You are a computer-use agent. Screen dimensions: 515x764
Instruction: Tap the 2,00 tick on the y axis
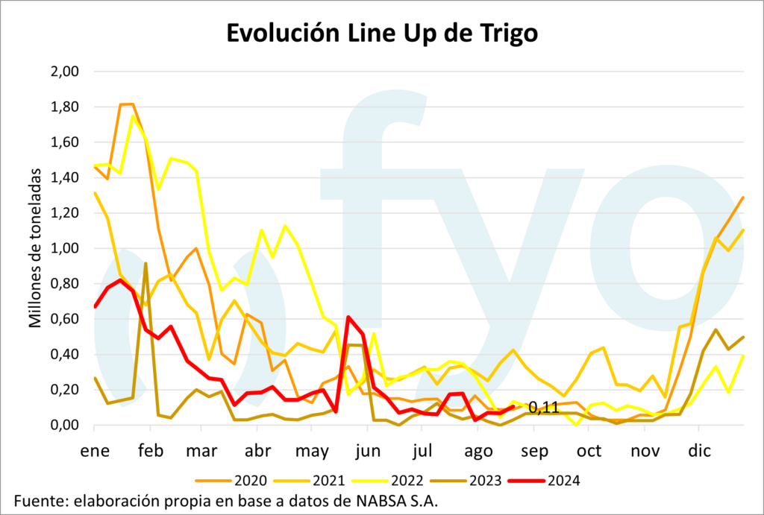[x=64, y=72]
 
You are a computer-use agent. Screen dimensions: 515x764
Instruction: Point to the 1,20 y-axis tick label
[x=64, y=213]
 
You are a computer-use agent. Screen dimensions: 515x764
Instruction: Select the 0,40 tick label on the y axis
[x=64, y=355]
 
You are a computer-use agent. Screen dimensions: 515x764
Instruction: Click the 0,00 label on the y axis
[x=64, y=426]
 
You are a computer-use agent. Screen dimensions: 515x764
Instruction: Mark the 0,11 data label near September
[x=544, y=408]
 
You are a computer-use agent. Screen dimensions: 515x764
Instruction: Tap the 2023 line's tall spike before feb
[x=145, y=263]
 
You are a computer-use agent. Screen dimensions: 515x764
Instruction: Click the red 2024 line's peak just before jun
[x=348, y=317]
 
